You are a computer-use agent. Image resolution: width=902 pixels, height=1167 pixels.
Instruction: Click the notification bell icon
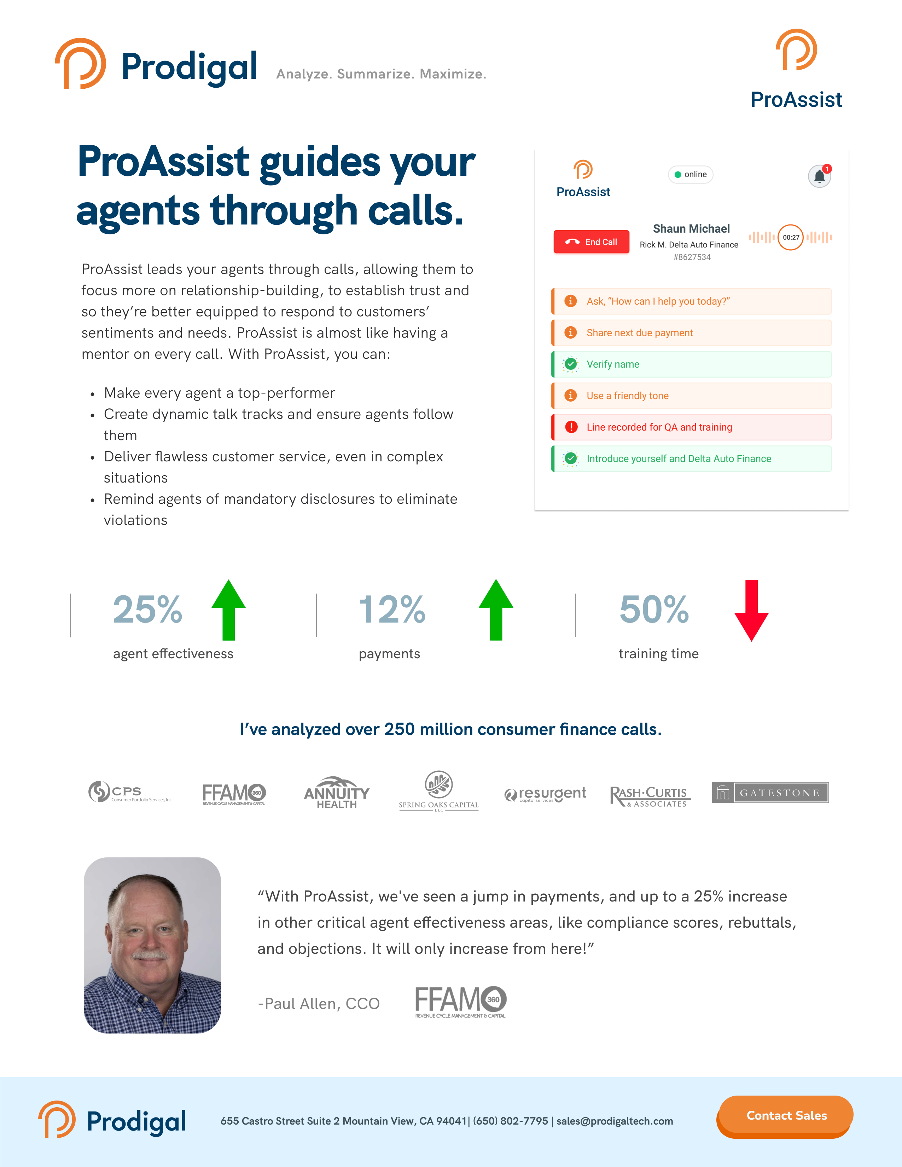819,176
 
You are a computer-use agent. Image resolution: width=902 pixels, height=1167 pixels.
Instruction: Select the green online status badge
691,175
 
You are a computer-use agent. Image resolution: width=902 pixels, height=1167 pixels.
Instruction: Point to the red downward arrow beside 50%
751,610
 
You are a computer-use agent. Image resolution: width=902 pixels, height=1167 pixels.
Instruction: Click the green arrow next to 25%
229,610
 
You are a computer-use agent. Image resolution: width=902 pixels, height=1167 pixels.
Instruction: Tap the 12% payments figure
392,610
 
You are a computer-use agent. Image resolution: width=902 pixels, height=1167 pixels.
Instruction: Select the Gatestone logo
770,792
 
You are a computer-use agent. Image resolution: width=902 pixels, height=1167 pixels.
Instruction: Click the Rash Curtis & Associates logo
650,796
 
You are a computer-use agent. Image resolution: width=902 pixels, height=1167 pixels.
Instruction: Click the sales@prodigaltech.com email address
615,1121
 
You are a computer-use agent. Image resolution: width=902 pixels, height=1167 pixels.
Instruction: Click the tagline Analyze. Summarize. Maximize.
381,74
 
